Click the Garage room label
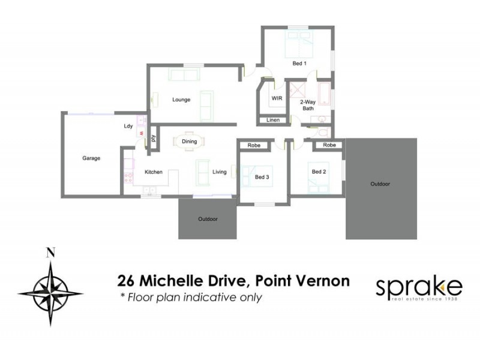(91, 158)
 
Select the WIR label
(277, 98)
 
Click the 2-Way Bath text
(307, 105)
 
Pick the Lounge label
(181, 100)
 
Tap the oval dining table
(189, 142)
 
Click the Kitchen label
(154, 172)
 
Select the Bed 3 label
(262, 177)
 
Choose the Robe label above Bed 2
(329, 145)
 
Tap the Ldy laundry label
(128, 126)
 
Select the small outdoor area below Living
(208, 220)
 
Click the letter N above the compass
(50, 253)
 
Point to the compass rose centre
(50, 292)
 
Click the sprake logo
(419, 289)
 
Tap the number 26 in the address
(127, 281)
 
